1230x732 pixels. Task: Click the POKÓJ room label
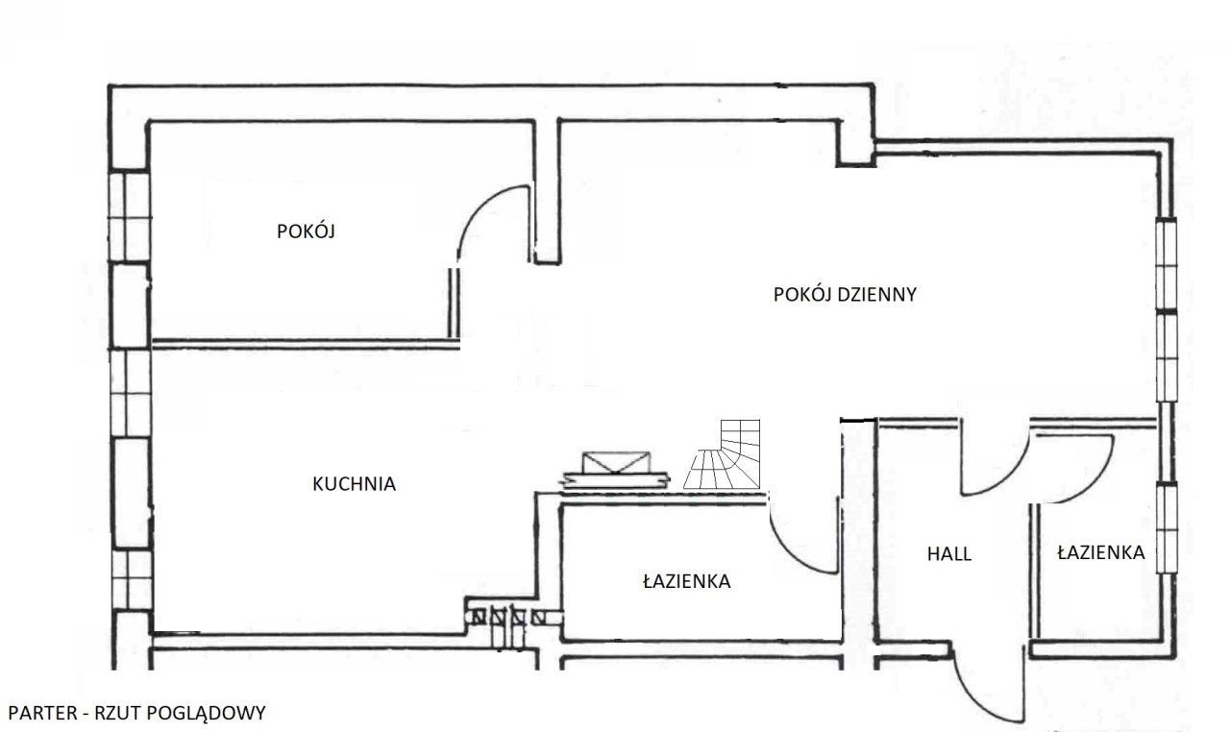coord(306,232)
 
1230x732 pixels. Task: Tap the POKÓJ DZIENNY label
coord(845,295)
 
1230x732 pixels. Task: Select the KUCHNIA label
coord(354,484)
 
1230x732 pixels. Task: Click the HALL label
coord(948,554)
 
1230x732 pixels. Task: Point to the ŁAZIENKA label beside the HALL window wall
coord(1100,552)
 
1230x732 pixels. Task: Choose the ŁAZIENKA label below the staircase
coord(686,581)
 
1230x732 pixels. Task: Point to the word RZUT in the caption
coord(112,713)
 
